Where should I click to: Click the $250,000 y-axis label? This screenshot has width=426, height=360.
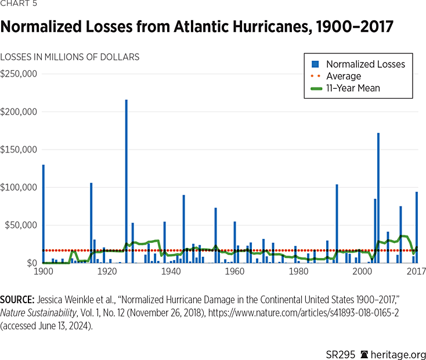tap(19, 74)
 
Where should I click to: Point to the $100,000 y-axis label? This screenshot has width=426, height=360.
tap(19, 187)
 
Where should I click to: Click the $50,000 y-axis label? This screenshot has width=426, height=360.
tap(21, 225)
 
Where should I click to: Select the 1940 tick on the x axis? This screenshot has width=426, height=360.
tap(170, 271)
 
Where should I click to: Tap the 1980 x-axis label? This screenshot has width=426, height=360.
tap(298, 271)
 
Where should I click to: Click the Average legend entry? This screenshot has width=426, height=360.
tap(343, 76)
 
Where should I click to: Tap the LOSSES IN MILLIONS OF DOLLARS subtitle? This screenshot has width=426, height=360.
tap(70, 57)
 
